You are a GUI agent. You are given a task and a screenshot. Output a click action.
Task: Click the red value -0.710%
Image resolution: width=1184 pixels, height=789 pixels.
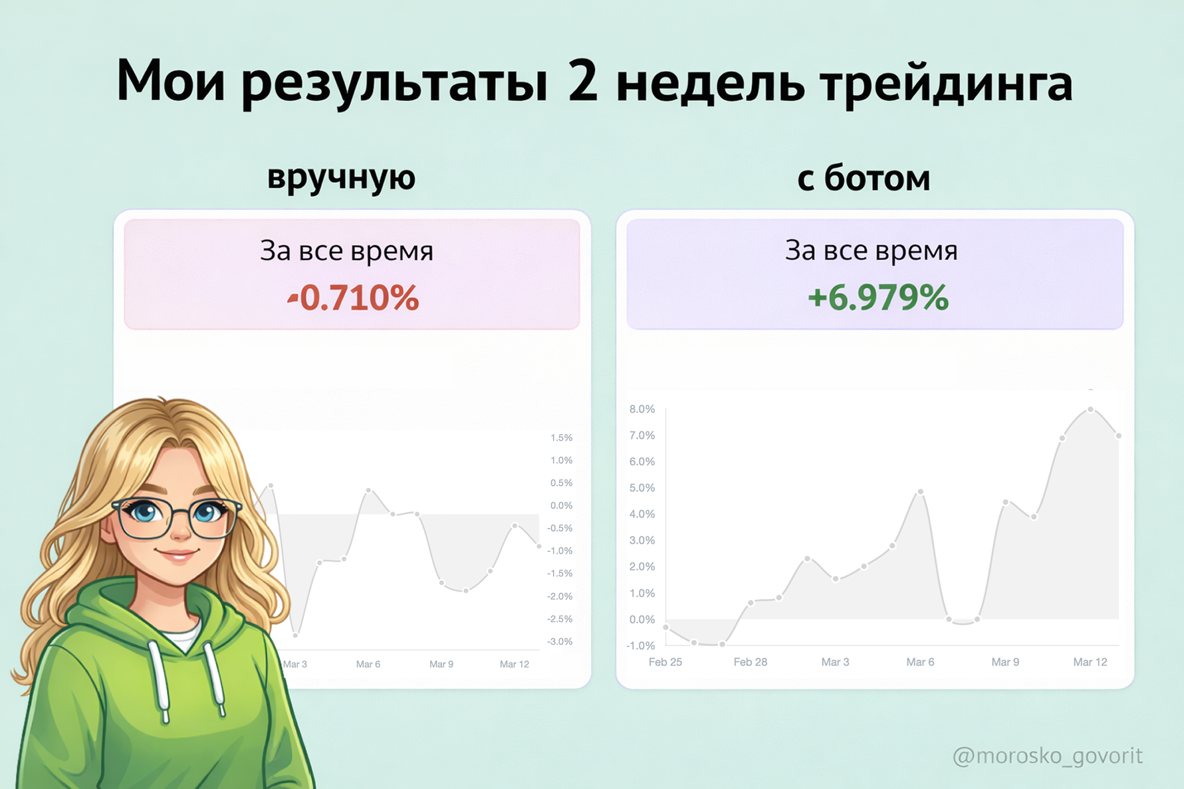tap(353, 297)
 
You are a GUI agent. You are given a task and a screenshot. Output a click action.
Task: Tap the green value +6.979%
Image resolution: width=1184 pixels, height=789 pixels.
tap(878, 297)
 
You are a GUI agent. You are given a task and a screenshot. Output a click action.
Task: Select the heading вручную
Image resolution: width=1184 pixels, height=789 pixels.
tap(341, 177)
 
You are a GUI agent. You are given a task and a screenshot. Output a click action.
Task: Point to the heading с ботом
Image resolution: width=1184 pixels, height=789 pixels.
tap(864, 177)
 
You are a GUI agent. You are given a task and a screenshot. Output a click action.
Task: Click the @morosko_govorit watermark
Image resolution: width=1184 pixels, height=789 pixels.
tap(1048, 756)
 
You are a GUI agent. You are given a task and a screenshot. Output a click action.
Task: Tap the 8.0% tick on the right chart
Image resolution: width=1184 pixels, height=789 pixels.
tap(642, 409)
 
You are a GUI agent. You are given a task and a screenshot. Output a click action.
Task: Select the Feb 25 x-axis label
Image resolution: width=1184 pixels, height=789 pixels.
tap(665, 662)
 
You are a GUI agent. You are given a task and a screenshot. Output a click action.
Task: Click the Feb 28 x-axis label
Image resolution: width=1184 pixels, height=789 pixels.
tap(751, 662)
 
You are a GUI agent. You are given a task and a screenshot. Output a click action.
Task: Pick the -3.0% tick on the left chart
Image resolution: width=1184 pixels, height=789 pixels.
tap(560, 641)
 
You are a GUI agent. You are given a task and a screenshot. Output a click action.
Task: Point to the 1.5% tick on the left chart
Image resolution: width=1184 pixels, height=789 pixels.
tap(562, 437)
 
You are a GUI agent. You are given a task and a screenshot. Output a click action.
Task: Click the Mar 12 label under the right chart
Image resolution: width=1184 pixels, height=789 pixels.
tap(1090, 662)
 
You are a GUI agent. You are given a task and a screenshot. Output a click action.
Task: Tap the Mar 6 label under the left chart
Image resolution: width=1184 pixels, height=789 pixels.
tap(368, 664)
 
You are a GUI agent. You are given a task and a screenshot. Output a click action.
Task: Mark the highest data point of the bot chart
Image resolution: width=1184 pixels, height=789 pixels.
tap(1091, 409)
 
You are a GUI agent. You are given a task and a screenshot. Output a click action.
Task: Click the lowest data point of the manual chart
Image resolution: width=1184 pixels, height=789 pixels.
tap(295, 635)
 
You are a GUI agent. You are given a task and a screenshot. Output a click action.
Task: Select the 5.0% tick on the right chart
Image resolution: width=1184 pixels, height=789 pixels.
tap(642, 488)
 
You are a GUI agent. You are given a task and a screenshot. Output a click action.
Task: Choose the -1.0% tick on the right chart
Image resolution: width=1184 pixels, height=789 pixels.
tap(641, 645)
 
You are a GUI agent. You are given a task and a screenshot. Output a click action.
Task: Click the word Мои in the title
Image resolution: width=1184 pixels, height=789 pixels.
tap(171, 81)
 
